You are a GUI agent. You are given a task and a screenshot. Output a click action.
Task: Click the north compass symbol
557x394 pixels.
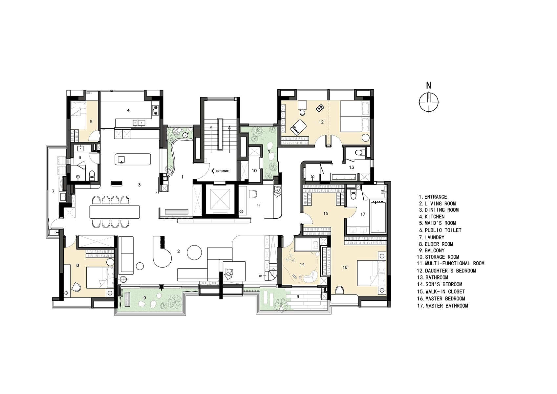tap(429, 102)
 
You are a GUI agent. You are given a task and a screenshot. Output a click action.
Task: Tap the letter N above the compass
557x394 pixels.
tap(428, 86)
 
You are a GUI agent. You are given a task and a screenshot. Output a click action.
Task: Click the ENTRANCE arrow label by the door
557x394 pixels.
tap(220, 171)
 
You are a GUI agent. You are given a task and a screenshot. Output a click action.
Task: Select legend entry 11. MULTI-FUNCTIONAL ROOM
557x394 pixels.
tap(451, 263)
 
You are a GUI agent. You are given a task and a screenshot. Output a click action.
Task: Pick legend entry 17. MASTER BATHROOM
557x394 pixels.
tap(443, 306)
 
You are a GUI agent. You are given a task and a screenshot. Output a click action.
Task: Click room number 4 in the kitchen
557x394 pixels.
tap(128, 110)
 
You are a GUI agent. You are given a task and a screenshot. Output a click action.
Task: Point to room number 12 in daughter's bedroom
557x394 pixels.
tap(321, 122)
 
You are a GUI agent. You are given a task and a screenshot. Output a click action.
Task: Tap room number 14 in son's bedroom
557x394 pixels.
tap(302, 264)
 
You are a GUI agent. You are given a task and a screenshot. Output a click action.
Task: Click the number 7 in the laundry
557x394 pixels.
tap(53, 191)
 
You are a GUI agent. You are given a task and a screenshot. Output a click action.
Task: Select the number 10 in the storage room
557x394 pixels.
tap(254, 171)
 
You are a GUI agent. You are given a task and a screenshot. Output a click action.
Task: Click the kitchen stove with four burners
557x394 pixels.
tap(156, 110)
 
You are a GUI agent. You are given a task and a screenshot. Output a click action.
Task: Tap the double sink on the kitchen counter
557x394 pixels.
tap(139, 123)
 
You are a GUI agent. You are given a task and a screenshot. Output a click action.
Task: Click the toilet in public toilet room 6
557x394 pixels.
tap(92, 175)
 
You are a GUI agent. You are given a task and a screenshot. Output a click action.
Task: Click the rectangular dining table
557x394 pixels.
tap(115, 211)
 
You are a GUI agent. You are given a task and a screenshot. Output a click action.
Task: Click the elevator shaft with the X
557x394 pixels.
tap(220, 199)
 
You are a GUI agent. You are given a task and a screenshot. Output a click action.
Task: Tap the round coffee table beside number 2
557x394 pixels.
tap(194, 252)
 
